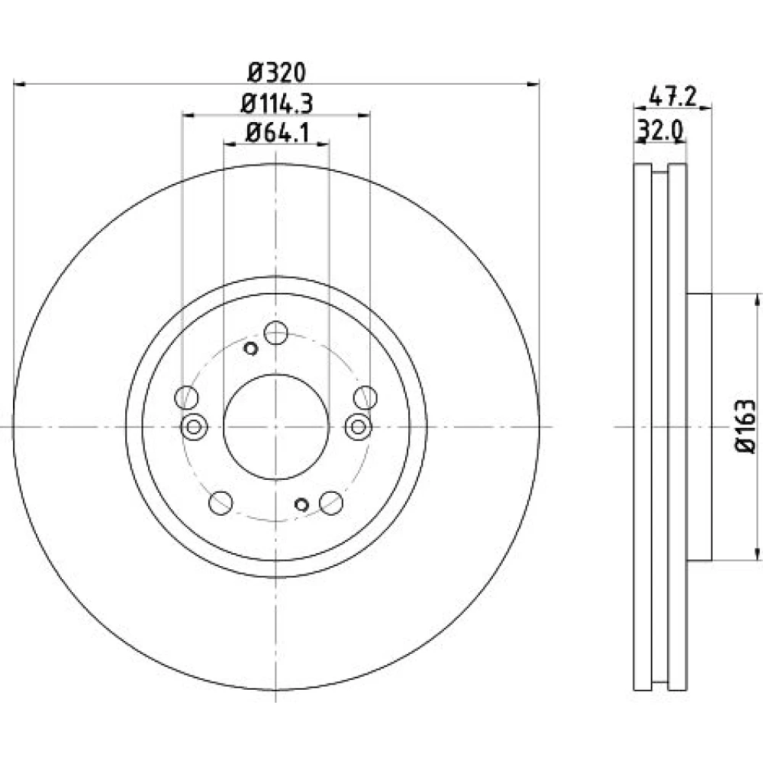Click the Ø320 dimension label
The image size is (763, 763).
(276, 73)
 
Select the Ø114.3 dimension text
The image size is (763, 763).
(276, 103)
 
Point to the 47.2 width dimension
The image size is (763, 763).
(673, 98)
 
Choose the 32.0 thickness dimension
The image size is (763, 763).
(662, 130)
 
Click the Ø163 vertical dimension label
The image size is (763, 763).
(745, 427)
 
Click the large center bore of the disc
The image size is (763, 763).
(276, 427)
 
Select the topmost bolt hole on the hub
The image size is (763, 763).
(276, 333)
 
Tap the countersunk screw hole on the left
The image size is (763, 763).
(194, 427)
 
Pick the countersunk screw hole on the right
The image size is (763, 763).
(358, 427)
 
